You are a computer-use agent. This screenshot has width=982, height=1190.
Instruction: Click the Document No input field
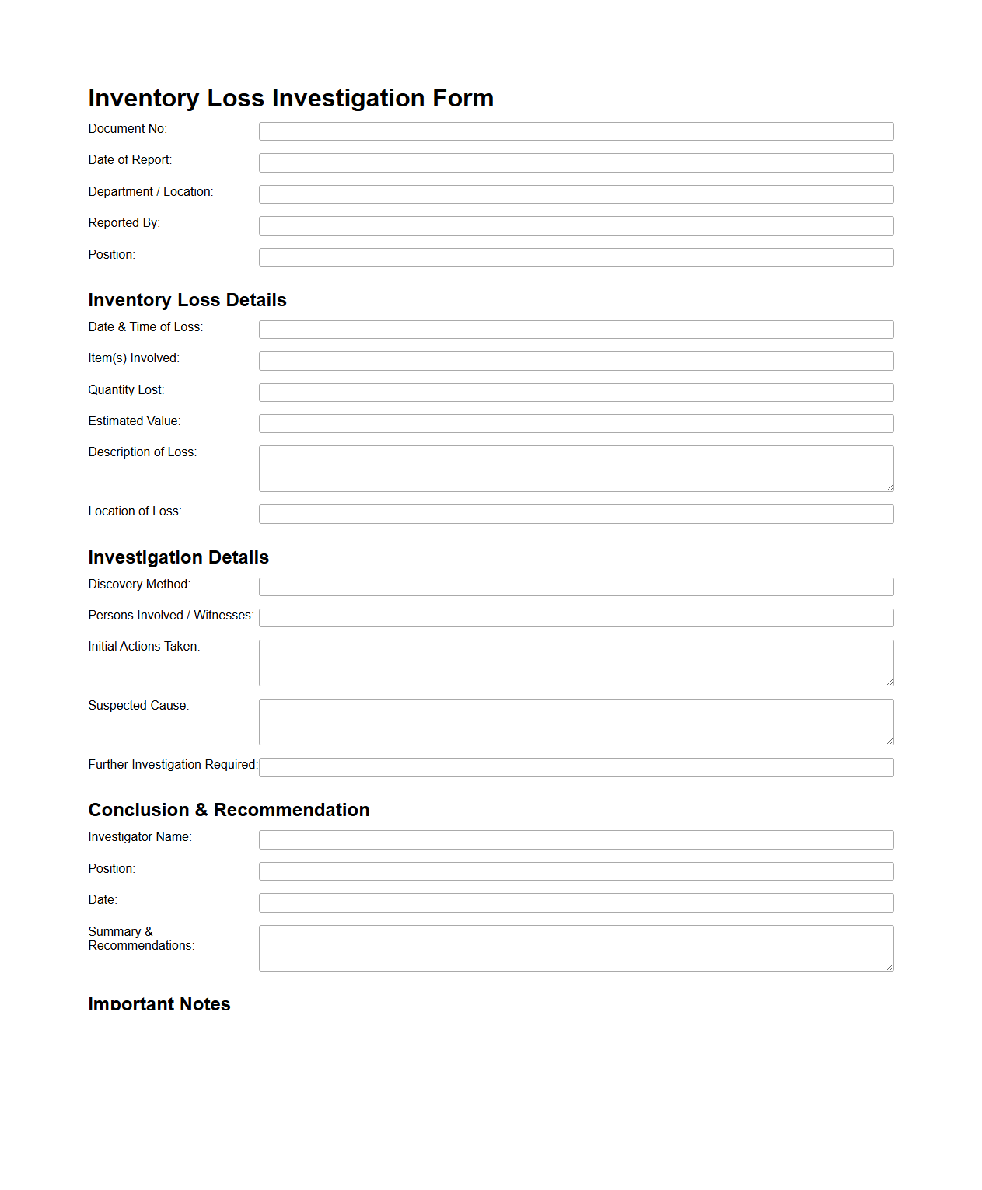(x=576, y=131)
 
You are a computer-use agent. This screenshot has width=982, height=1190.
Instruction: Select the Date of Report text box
(x=576, y=162)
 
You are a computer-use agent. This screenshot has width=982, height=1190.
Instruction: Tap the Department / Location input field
(x=576, y=194)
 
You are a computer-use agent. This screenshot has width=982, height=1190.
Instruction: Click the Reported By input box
(x=576, y=225)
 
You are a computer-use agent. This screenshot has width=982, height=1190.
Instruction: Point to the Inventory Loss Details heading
(x=187, y=300)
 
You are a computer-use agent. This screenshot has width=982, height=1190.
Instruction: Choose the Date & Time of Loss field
(x=576, y=330)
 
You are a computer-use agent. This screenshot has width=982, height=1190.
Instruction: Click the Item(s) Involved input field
(x=576, y=361)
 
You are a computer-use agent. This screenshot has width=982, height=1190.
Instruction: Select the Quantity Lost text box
(x=576, y=393)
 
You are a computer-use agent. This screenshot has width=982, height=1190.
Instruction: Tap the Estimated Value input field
(x=576, y=424)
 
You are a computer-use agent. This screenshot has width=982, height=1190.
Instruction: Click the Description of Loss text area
(x=576, y=469)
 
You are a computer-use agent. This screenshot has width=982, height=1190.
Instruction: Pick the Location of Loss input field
(x=576, y=514)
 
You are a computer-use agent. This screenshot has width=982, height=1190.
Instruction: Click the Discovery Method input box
(x=576, y=587)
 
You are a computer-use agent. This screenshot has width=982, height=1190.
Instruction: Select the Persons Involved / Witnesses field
(x=576, y=618)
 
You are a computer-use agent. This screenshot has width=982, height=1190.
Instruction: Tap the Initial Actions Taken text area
(x=576, y=663)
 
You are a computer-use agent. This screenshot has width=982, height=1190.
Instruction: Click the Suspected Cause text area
(x=576, y=722)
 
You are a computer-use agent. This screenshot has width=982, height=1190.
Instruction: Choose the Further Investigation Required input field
(x=576, y=767)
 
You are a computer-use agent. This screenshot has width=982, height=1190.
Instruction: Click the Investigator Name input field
(x=576, y=839)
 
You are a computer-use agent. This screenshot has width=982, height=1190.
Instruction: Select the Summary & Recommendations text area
(x=576, y=948)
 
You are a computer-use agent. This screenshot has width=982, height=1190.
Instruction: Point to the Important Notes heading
(x=159, y=1003)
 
